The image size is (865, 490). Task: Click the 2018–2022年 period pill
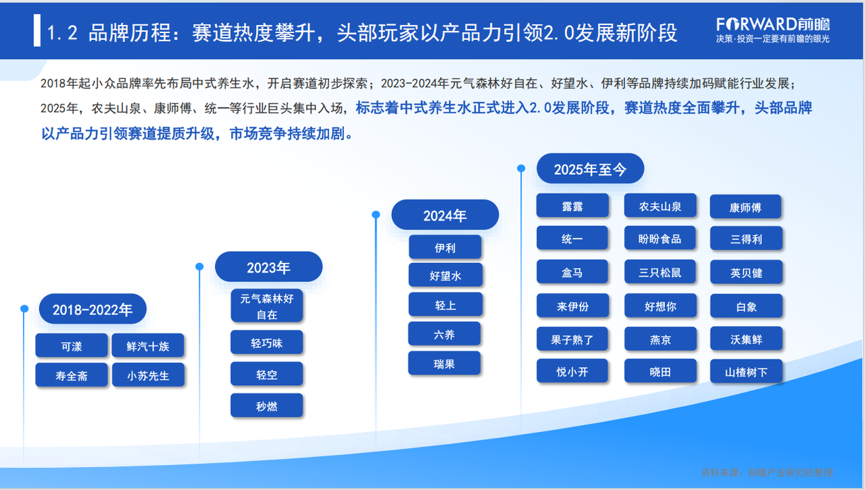coord(93,309)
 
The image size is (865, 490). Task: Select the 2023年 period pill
coord(269,267)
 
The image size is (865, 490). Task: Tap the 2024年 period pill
coord(445,215)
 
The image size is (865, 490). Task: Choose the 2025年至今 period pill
coord(591,168)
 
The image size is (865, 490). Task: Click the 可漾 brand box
coord(72,345)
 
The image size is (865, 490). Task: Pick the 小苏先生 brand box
coord(148,375)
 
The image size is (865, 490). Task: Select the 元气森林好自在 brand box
coord(266,305)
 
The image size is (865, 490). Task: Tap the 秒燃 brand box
coord(266,406)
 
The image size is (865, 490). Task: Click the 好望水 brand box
coord(445,275)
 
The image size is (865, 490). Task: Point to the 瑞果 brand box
coord(444,363)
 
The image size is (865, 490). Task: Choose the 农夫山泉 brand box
coord(660,206)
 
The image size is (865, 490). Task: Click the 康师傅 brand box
coord(745,207)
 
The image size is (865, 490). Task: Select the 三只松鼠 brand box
coord(660,272)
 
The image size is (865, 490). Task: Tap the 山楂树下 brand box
coord(746,372)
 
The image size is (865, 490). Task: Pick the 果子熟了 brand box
coord(572,339)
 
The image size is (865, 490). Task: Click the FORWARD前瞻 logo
coord(773,30)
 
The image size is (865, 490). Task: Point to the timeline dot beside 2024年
coord(376,215)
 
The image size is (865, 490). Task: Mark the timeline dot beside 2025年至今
coord(521,168)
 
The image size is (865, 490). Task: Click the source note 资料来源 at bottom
coord(767,472)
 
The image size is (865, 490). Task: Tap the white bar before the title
coord(37,30)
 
